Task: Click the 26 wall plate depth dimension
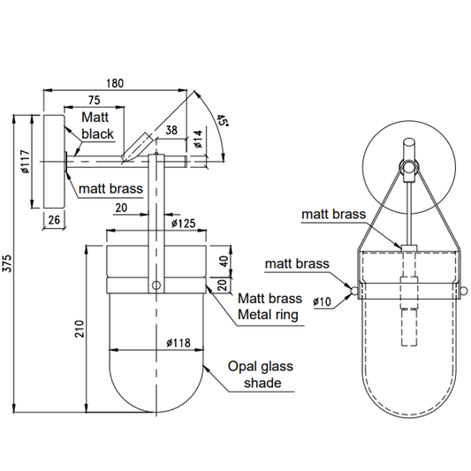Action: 54,221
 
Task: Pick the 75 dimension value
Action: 94,99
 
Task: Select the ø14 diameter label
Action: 198,138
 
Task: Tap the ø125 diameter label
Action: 180,224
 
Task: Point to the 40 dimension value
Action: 223,261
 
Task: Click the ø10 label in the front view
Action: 322,301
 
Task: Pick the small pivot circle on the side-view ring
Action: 156,285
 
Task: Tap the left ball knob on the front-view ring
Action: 353,291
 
